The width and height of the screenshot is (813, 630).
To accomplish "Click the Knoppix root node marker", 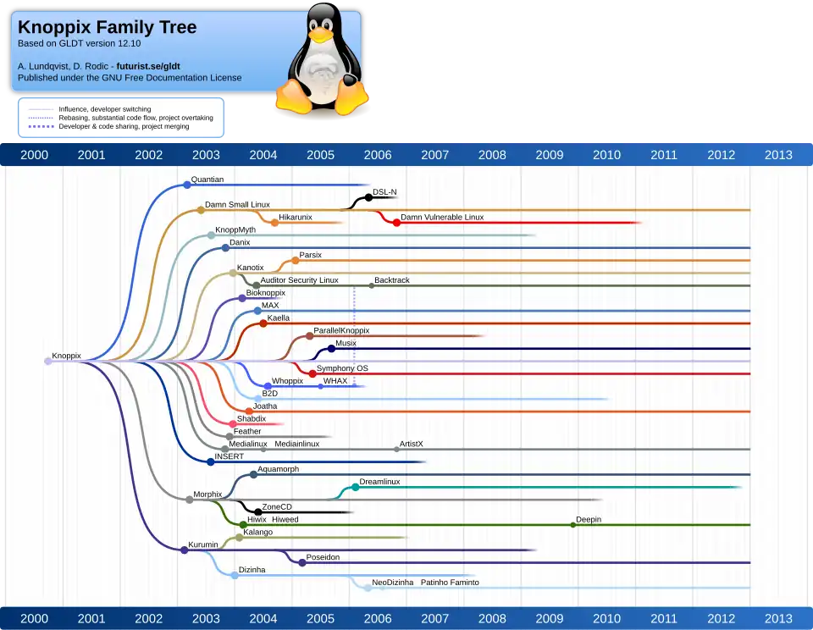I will click(x=47, y=361).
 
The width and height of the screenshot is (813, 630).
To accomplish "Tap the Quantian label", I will click(x=207, y=180).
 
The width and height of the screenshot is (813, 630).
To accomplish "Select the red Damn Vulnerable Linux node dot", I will click(x=395, y=222).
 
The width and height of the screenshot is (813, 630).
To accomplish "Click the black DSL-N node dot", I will click(x=368, y=197).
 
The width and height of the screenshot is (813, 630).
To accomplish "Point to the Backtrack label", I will click(x=391, y=280).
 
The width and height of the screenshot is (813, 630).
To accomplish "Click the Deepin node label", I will click(x=589, y=519).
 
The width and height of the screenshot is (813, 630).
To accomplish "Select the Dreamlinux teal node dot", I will click(x=355, y=487).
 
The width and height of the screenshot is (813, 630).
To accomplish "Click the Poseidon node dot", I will click(x=302, y=562).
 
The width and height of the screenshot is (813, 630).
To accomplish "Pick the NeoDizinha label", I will click(x=392, y=583).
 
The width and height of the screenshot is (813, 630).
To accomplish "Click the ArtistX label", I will click(x=411, y=444).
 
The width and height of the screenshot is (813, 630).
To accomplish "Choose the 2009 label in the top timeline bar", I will click(x=549, y=154).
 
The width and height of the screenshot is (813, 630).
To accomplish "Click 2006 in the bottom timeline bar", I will click(x=377, y=618).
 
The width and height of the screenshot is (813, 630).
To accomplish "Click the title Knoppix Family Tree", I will click(x=107, y=27).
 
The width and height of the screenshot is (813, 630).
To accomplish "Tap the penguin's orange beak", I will click(x=319, y=36).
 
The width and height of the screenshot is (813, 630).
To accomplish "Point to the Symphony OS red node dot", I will click(x=312, y=373).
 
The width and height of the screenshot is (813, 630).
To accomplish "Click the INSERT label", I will click(x=229, y=456).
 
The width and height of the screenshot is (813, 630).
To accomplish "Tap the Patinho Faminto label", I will click(x=449, y=583).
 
